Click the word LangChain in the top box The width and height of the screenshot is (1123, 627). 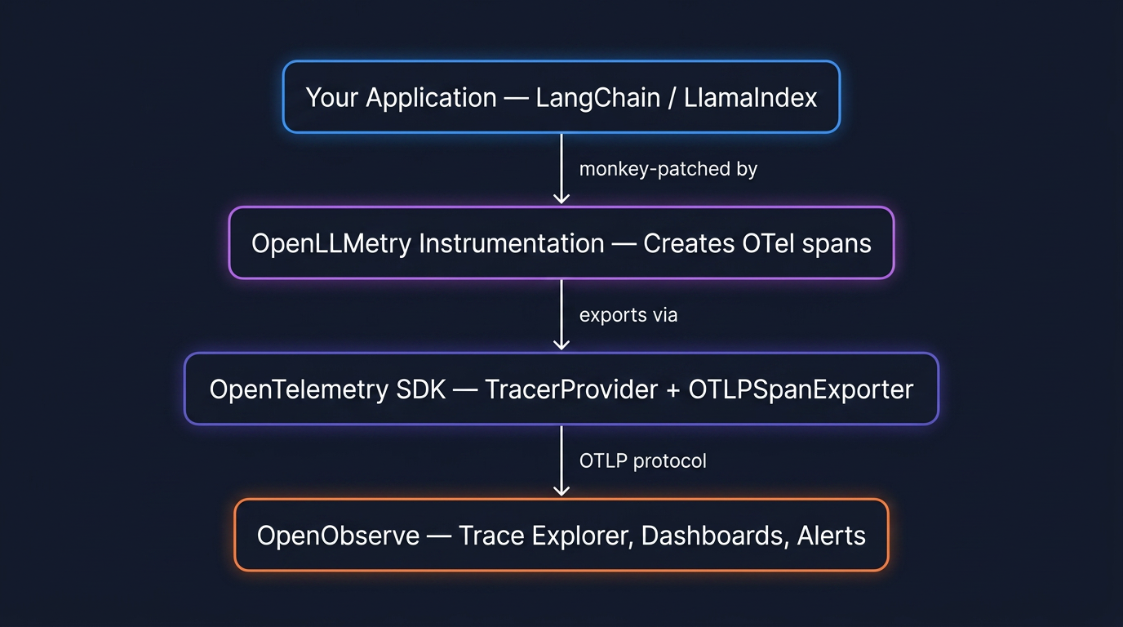(x=599, y=98)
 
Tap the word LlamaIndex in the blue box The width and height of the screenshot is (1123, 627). (x=750, y=98)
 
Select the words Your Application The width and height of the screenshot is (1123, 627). (x=401, y=98)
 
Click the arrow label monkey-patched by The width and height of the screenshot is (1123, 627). (x=668, y=169)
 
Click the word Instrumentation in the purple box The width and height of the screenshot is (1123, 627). (x=512, y=243)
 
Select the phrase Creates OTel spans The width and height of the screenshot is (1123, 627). (x=757, y=243)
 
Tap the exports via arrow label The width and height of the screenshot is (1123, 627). (x=628, y=315)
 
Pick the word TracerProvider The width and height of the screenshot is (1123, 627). (x=571, y=389)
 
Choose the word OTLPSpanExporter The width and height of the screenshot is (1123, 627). (x=801, y=389)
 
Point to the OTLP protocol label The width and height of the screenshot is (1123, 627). (x=643, y=461)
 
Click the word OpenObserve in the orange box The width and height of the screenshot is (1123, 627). (x=338, y=536)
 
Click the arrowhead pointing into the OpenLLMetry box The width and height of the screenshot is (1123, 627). (x=561, y=198)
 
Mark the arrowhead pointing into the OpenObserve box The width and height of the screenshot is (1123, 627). (x=561, y=490)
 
